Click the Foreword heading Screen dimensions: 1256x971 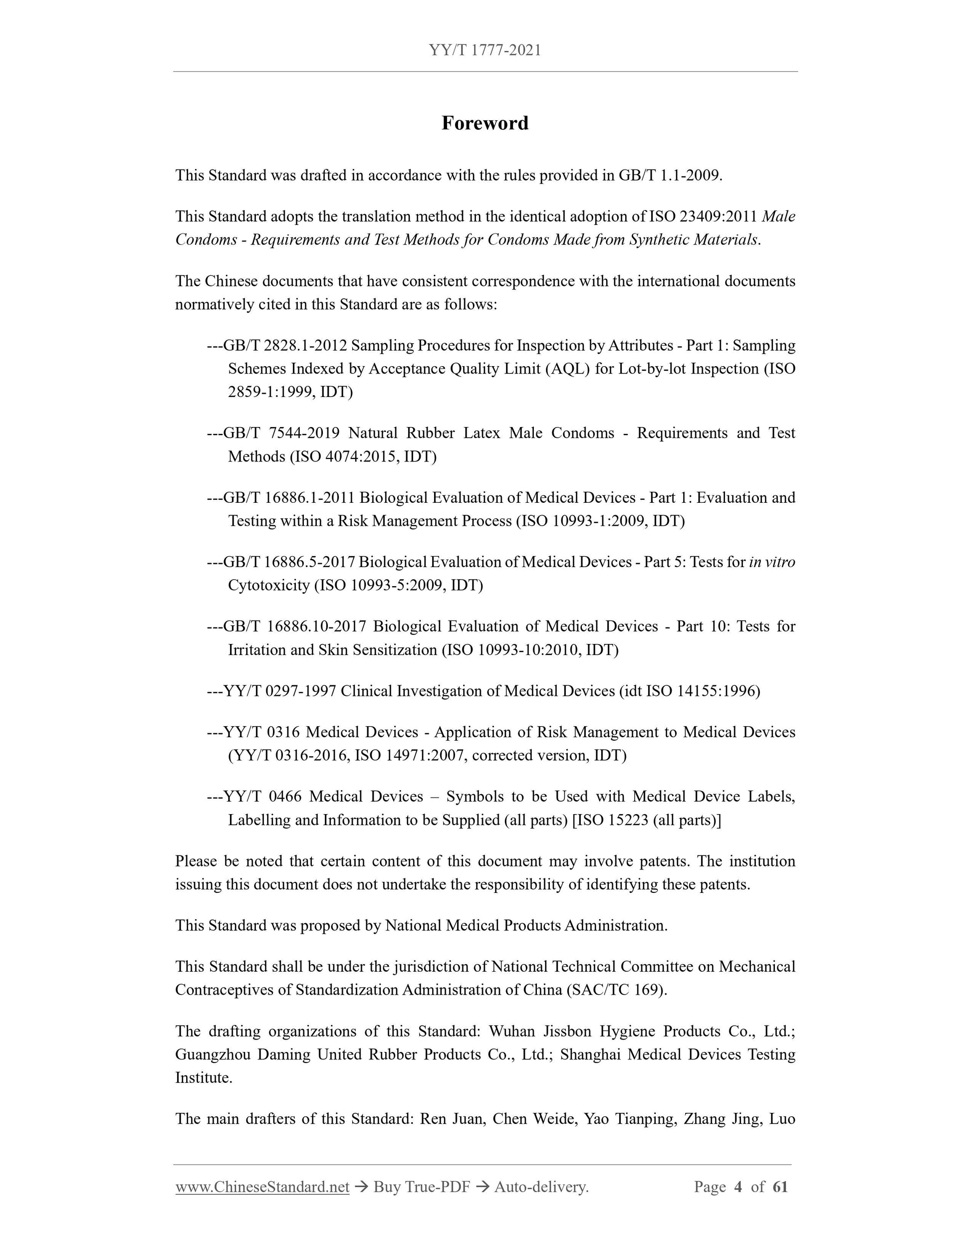485,123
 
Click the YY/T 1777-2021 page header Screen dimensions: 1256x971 485,50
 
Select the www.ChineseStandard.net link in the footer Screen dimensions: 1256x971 262,1186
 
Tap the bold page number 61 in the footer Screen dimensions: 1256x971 780,1186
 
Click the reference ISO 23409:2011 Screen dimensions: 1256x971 703,217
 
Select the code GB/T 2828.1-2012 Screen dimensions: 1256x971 285,346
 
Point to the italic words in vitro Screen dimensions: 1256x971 772,562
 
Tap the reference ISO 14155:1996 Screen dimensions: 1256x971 703,691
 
